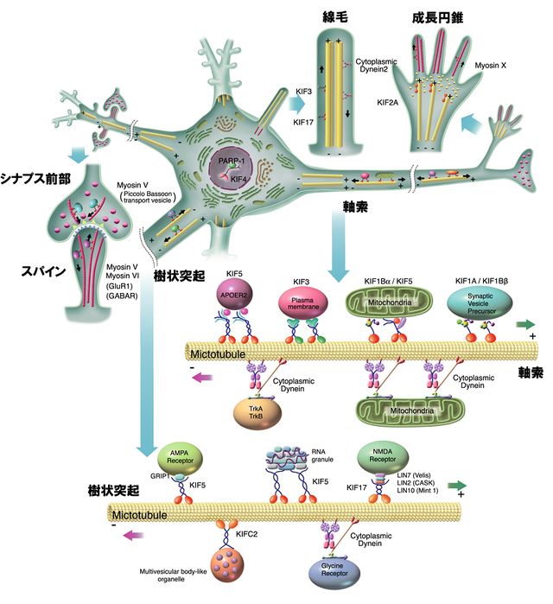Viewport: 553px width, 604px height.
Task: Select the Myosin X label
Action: click(x=489, y=65)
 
